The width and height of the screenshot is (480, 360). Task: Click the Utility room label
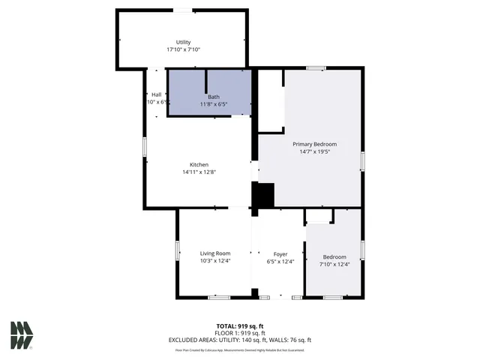tap(183, 42)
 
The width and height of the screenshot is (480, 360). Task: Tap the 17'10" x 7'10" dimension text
tap(183, 49)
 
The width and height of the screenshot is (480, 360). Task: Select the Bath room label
tap(214, 97)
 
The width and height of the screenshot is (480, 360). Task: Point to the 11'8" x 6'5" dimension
tap(214, 104)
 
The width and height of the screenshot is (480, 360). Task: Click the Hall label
tap(156, 94)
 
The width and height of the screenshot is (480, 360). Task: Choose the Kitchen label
tap(199, 164)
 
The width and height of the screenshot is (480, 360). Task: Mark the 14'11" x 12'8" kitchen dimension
tap(199, 172)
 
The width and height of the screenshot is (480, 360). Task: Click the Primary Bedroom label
tap(314, 144)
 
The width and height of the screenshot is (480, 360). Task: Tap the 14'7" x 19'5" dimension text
tap(314, 151)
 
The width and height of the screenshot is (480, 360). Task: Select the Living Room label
tap(214, 253)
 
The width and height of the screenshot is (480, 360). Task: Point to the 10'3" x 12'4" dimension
tap(214, 261)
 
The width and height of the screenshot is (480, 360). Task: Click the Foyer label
tap(280, 253)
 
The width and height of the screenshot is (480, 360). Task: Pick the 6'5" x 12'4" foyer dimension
tap(280, 261)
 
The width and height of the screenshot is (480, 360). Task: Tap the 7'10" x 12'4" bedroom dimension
tap(334, 264)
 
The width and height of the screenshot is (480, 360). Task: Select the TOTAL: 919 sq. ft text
tap(240, 325)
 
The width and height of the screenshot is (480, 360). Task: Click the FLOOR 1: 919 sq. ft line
tap(240, 332)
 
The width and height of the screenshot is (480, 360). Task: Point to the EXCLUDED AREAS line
tap(240, 340)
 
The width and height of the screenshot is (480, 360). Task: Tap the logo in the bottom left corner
tap(22, 335)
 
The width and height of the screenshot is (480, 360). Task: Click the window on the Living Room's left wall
tap(178, 250)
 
